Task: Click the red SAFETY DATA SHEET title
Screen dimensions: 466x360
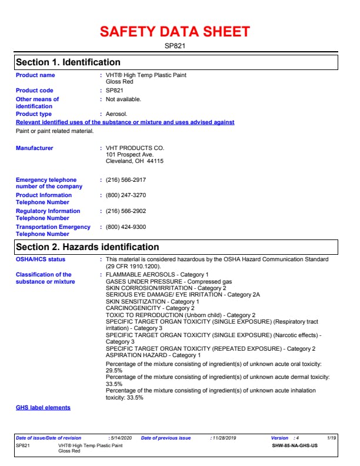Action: click(x=175, y=32)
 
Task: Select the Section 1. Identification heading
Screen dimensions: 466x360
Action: click(x=68, y=62)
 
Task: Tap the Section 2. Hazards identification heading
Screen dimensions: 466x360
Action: click(x=87, y=247)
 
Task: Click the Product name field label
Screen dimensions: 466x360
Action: click(x=35, y=75)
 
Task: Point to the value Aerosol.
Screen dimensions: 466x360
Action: click(x=116, y=114)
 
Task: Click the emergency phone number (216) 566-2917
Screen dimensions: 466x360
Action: click(x=126, y=180)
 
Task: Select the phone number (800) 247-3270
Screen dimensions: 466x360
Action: click(x=126, y=195)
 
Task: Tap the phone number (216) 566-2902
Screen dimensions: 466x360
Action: click(x=126, y=211)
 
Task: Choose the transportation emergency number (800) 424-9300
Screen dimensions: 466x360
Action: click(x=126, y=227)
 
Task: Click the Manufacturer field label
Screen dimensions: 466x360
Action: click(x=34, y=148)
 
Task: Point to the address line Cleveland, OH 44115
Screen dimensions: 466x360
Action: click(x=134, y=161)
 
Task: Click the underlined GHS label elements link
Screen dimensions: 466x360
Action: click(x=43, y=408)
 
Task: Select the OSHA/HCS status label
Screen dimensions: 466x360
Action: click(x=41, y=259)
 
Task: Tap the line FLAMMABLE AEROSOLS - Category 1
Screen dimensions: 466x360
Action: click(x=157, y=275)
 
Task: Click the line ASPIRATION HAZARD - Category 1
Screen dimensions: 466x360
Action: click(x=153, y=355)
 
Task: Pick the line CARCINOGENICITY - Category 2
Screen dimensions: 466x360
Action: click(x=150, y=308)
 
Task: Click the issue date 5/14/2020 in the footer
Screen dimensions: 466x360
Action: click(x=121, y=438)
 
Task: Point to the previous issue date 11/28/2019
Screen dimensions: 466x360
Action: click(x=223, y=438)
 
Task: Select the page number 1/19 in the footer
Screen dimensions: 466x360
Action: click(x=332, y=438)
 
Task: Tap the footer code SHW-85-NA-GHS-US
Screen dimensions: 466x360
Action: click(x=295, y=446)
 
